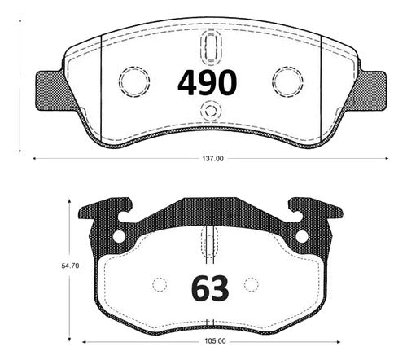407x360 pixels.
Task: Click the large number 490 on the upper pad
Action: (x=208, y=82)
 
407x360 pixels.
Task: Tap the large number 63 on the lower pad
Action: (x=210, y=288)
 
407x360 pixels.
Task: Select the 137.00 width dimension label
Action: (x=212, y=159)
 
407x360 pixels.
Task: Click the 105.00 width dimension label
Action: (x=215, y=341)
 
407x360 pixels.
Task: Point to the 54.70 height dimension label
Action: (x=70, y=266)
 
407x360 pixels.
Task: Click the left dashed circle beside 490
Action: (x=134, y=81)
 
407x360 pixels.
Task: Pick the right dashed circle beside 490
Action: (x=287, y=81)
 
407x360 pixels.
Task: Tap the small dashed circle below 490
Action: (x=211, y=111)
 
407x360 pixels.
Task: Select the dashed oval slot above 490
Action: (x=211, y=47)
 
